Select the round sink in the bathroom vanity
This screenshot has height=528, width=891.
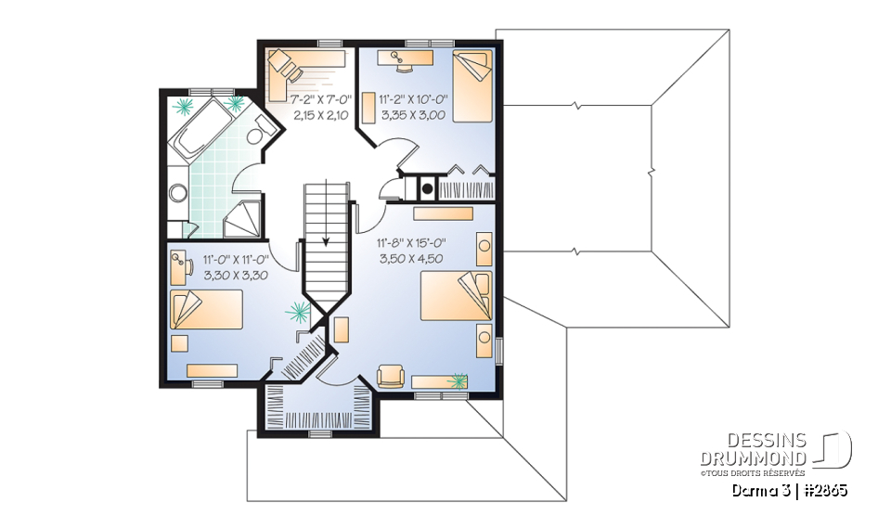pos(178,193)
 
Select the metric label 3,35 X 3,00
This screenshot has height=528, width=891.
pos(412,115)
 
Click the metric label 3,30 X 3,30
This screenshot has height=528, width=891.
pos(235,276)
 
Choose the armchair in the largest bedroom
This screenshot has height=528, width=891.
pos(390,376)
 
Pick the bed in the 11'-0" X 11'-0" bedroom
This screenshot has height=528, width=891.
pos(205,309)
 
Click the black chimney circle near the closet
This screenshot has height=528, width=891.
pos(427,188)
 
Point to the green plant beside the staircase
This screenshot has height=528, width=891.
pos(299,311)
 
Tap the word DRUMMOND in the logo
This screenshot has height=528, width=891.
pos(754,458)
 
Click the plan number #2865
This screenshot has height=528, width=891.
pos(823,489)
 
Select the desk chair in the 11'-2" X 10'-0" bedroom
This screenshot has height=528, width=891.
pos(402,63)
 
